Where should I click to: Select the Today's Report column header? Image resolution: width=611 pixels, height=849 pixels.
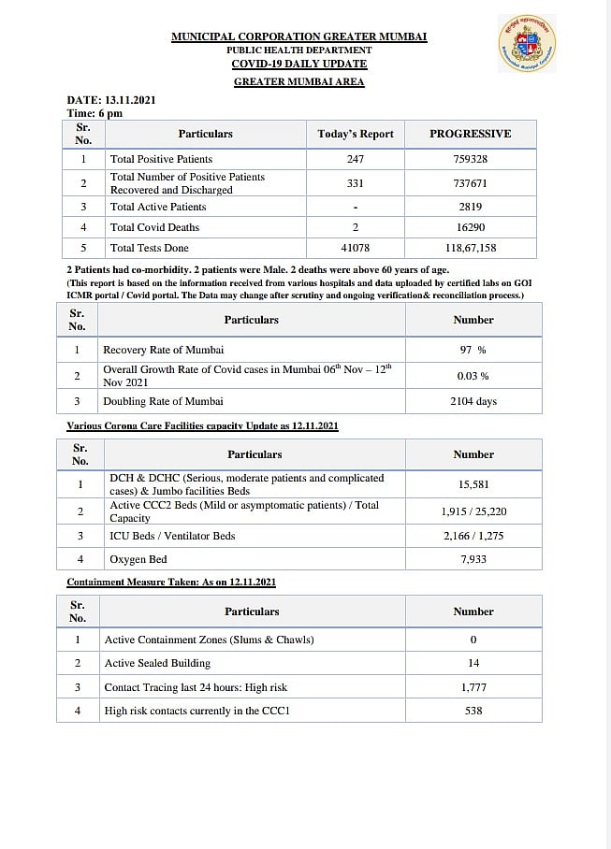[356, 134]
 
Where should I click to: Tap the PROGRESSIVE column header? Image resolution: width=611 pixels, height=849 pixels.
[470, 134]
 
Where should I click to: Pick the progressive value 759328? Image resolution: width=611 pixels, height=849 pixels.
[470, 159]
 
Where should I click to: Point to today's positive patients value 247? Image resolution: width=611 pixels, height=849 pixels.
[355, 159]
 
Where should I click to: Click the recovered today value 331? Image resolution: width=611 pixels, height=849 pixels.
[355, 183]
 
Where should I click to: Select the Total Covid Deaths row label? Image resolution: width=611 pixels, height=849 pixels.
[154, 227]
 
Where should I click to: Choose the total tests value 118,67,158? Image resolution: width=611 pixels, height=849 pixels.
[470, 248]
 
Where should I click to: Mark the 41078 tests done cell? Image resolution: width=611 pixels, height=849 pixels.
[355, 248]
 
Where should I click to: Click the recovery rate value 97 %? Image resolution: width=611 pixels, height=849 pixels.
[473, 350]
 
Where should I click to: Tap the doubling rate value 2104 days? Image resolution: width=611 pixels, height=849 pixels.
[473, 401]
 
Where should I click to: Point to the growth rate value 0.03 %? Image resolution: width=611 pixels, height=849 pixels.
[473, 375]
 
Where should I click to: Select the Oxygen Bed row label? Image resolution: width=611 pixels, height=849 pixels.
[138, 559]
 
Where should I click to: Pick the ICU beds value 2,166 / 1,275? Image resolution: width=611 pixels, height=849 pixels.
[473, 536]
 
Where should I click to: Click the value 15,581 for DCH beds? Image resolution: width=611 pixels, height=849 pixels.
[473, 484]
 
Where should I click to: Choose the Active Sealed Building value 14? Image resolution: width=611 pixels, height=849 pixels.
[473, 663]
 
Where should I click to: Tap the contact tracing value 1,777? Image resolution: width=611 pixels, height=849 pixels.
[473, 687]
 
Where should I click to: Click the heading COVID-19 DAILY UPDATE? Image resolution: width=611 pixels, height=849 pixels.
[299, 64]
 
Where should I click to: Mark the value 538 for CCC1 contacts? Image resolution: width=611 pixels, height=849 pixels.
[473, 711]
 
